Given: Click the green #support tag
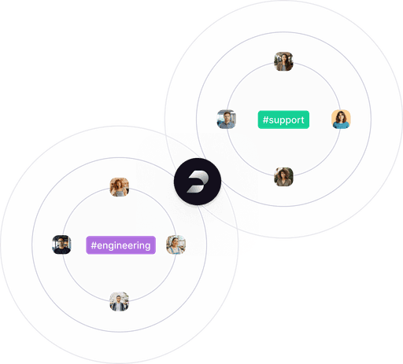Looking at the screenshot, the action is coord(283,119).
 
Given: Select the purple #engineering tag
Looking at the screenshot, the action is coord(120,245).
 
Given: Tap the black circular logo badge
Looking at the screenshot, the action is coord(198,182).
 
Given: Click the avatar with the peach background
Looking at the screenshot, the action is coord(341,119).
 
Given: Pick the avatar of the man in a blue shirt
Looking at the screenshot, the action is coord(227,119).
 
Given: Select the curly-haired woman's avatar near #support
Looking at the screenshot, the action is coord(283,177).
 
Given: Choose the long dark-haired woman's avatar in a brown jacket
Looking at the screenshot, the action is coord(283,61).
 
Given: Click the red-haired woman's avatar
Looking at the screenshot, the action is coord(120,187).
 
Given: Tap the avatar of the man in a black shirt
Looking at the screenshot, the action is coord(61,245).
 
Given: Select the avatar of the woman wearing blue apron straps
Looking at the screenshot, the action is coord(176,245).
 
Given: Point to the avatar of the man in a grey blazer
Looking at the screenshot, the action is coord(120,302).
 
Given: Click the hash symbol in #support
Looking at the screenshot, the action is coord(265,119).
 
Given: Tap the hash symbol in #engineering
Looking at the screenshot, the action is coord(94,245).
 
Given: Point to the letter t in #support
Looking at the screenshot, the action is coord(302,119).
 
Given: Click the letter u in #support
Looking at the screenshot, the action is coord(276,120).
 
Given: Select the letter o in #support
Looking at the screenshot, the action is coord(294,120).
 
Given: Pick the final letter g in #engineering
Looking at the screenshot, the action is coord(147,247).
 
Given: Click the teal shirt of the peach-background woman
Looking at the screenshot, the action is coord(341,125).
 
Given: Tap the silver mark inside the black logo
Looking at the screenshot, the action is coord(198,182).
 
